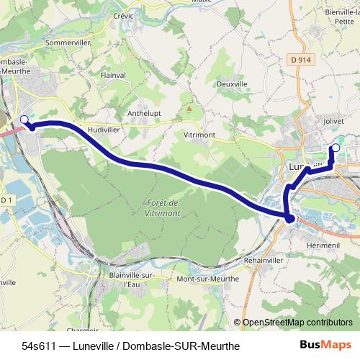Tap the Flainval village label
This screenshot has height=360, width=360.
pyautogui.click(x=114, y=74)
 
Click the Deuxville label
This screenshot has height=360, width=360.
pyautogui.click(x=233, y=84)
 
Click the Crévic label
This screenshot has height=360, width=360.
pyautogui.click(x=124, y=14)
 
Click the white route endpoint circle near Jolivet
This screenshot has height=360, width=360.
pyautogui.click(x=335, y=148)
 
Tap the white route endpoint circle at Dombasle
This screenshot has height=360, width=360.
pyautogui.click(x=24, y=120)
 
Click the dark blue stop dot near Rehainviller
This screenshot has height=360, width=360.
pyautogui.click(x=289, y=218)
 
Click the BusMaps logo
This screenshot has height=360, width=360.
pyautogui.click(x=325, y=345)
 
